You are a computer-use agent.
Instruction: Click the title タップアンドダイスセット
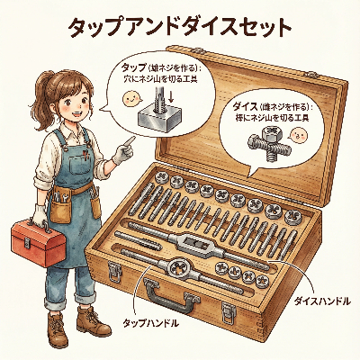(x=180, y=28)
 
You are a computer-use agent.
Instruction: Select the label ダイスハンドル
(x=321, y=301)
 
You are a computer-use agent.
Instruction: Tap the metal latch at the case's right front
(x=228, y=312)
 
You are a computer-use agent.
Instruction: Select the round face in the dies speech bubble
(x=300, y=135)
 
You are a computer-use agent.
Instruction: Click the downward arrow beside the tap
(x=171, y=96)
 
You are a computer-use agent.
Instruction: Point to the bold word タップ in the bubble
(x=132, y=67)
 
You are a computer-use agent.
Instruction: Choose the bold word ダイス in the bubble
(x=245, y=106)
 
